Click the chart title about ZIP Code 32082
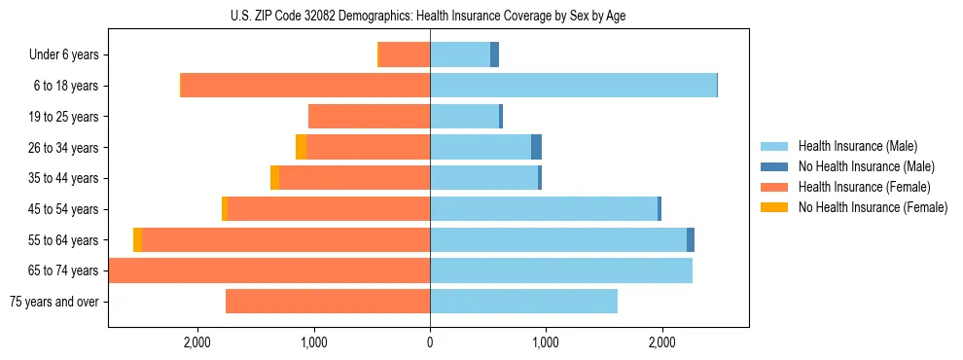(428, 16)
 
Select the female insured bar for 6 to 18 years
(306, 86)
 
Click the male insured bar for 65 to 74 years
(561, 270)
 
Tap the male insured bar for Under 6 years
(460, 54)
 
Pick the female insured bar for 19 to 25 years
(370, 117)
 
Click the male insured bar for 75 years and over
(523, 302)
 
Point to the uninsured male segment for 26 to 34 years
(536, 147)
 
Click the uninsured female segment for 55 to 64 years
(138, 239)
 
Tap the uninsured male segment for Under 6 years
(494, 54)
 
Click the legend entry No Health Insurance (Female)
(873, 207)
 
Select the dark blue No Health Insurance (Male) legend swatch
(775, 166)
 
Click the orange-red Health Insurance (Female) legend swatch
(775, 187)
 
